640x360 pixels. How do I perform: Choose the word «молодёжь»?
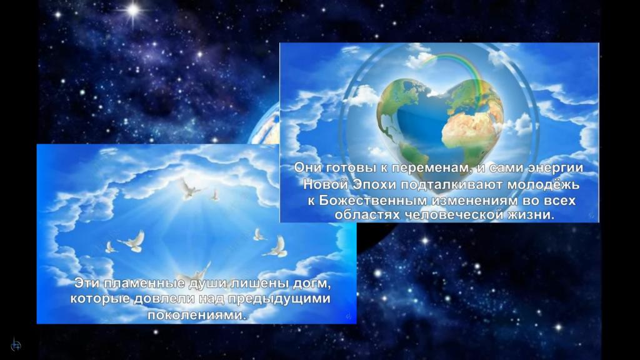(543, 185)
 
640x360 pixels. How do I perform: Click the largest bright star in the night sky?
(132, 10)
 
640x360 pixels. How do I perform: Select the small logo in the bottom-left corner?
(16, 344)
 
